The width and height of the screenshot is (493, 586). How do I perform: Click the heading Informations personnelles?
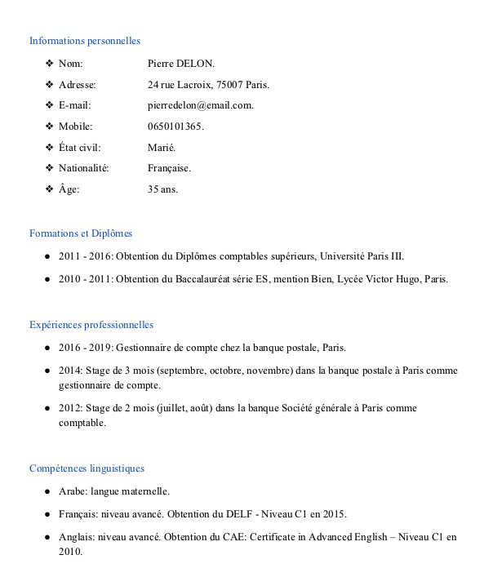point(85,41)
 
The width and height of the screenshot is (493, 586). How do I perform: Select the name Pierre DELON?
point(180,63)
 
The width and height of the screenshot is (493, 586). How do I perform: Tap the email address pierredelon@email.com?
point(200,105)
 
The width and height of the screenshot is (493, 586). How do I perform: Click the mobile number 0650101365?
point(175,127)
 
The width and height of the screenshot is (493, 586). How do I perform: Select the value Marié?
point(162,148)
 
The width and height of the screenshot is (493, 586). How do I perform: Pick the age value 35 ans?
point(162,189)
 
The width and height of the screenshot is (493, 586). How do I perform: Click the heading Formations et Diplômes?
point(81,233)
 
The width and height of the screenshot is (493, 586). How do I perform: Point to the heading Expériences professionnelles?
point(91,325)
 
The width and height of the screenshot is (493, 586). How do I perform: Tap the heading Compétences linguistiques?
point(87,468)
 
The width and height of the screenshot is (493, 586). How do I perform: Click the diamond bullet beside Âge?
point(50,189)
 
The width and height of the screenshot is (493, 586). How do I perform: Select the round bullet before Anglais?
point(50,537)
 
